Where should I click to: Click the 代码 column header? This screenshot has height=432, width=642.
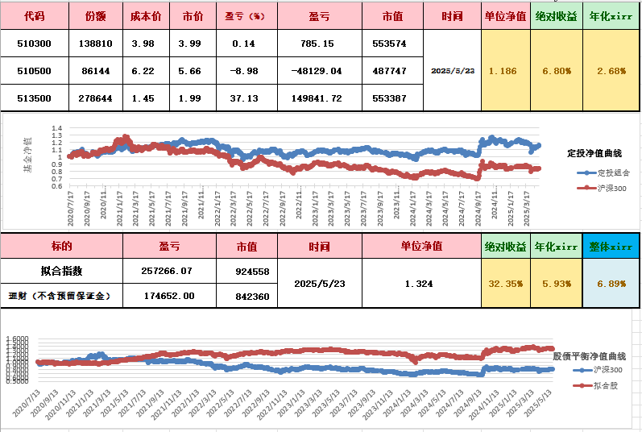(x=34, y=15)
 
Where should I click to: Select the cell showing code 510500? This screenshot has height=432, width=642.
(x=34, y=71)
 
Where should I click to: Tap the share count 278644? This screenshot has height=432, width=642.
(x=97, y=98)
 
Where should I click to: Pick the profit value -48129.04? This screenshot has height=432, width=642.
(x=320, y=71)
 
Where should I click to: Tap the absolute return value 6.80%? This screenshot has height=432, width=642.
(x=557, y=71)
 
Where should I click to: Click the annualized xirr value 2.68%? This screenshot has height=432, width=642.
(x=612, y=71)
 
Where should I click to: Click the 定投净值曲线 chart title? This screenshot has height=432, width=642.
(x=596, y=152)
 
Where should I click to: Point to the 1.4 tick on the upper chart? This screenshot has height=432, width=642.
(x=56, y=129)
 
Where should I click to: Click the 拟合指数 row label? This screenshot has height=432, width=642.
(x=61, y=272)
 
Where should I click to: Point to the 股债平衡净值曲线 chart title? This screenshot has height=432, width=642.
(x=589, y=355)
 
